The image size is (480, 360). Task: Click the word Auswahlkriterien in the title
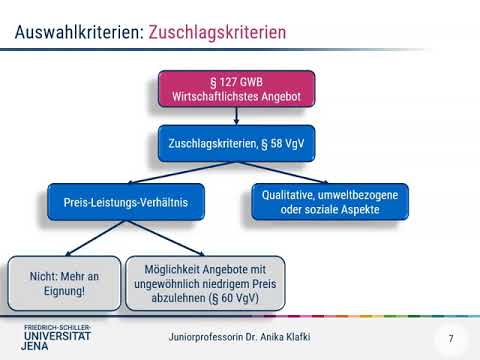(x=78, y=32)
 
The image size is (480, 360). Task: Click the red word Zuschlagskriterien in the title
(x=217, y=32)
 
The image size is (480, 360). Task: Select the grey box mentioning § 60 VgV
(x=205, y=281)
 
